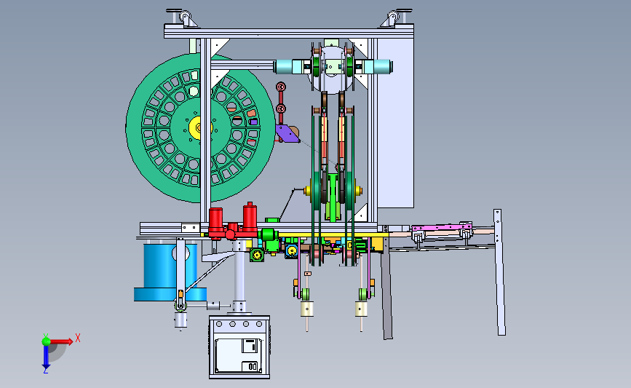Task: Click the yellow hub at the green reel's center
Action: point(197,128)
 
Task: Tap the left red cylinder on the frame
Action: point(215,219)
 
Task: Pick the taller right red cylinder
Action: point(250,218)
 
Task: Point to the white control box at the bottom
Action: point(239,347)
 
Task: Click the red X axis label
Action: point(78,338)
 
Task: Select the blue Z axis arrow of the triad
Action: point(46,357)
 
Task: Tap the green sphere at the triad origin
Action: point(47,341)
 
